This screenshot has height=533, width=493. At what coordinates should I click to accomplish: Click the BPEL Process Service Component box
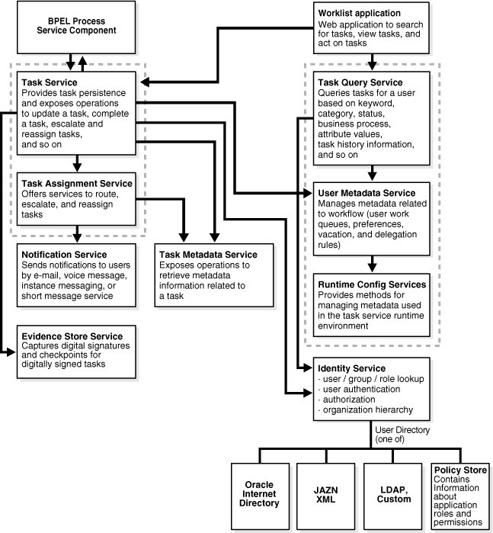click(x=76, y=25)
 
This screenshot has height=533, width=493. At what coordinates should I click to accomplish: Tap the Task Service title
click(x=50, y=82)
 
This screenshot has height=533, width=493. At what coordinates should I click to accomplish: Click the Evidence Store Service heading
click(x=72, y=336)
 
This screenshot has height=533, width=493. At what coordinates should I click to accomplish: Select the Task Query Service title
click(x=360, y=82)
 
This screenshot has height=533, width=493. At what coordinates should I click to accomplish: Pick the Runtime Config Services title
click(x=371, y=284)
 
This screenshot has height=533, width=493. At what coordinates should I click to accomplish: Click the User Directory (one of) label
click(x=402, y=435)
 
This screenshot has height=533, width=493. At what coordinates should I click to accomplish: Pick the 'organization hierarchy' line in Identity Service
click(x=363, y=409)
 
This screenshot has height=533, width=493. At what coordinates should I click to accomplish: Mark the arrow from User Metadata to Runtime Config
click(x=371, y=262)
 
